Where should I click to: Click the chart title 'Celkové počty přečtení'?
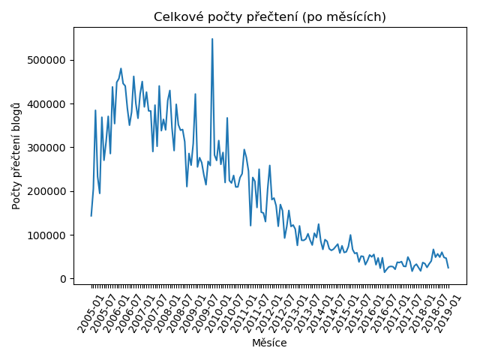click(x=226, y=17)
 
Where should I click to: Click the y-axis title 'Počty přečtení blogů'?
click(x=16, y=157)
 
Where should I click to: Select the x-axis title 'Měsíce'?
click(x=269, y=343)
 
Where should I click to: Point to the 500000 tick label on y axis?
click(x=46, y=60)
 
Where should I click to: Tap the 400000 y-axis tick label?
click(x=46, y=104)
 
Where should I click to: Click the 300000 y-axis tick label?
click(x=46, y=148)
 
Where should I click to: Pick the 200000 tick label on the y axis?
click(x=46, y=192)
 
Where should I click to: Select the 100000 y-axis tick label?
click(x=46, y=235)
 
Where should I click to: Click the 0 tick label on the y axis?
click(x=63, y=279)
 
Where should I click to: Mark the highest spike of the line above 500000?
click(x=212, y=39)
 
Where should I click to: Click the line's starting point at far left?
click(x=91, y=216)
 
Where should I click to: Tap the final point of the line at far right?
click(x=448, y=268)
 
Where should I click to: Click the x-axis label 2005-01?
click(x=91, y=314)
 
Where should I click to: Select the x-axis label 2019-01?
click(x=448, y=314)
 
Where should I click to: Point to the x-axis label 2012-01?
click(x=269, y=314)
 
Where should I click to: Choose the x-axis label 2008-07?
click(x=180, y=314)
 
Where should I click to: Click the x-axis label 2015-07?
click(x=358, y=314)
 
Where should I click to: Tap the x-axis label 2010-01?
click(x=218, y=314)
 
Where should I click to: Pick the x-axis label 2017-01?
click(x=397, y=314)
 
